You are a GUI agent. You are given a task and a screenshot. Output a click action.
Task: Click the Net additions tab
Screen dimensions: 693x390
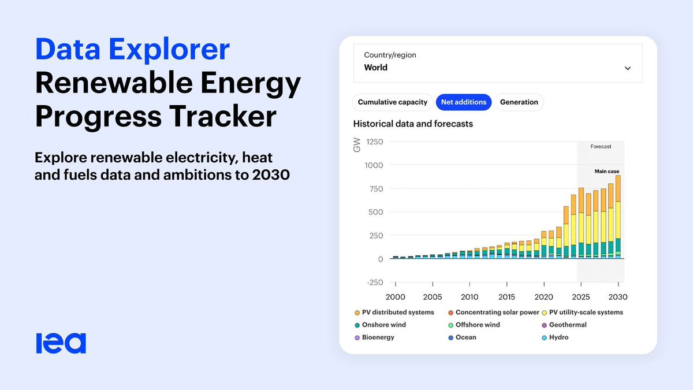click(463, 102)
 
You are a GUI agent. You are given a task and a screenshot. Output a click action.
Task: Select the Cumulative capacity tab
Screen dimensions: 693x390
click(392, 102)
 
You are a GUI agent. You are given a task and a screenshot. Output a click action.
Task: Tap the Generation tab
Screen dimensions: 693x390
click(519, 102)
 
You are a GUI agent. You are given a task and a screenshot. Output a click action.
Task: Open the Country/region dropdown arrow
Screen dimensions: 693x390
click(627, 68)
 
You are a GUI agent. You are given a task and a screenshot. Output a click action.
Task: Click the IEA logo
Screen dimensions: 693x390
click(61, 343)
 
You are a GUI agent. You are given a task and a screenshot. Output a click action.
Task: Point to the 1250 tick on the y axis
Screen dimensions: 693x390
click(374, 142)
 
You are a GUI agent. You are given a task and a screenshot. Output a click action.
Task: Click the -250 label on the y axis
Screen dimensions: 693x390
click(375, 283)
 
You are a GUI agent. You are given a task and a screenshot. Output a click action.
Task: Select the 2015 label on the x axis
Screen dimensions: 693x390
click(506, 297)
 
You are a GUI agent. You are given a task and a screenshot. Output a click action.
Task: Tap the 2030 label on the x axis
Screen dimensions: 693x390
click(618, 297)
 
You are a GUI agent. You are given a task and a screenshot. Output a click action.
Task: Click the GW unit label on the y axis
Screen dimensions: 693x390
click(357, 145)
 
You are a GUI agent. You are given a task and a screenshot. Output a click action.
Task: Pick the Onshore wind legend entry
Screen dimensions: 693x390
click(380, 325)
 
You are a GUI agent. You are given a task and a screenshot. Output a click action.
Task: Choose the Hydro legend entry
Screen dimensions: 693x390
click(555, 337)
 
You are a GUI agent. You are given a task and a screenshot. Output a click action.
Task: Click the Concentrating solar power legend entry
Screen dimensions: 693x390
click(494, 313)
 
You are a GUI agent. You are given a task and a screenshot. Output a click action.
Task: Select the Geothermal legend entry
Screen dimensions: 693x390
click(564, 325)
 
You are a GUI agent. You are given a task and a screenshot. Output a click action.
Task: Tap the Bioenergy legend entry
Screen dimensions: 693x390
click(374, 337)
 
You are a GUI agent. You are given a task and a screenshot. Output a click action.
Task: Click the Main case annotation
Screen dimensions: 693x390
click(607, 171)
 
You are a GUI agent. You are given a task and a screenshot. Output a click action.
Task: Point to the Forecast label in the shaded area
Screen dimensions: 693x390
click(601, 146)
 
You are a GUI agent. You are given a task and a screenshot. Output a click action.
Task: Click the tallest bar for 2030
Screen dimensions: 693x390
click(618, 217)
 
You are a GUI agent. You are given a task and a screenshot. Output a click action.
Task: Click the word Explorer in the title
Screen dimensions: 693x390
click(169, 50)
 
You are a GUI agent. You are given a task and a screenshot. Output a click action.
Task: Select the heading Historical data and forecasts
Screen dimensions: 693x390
click(413, 124)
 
